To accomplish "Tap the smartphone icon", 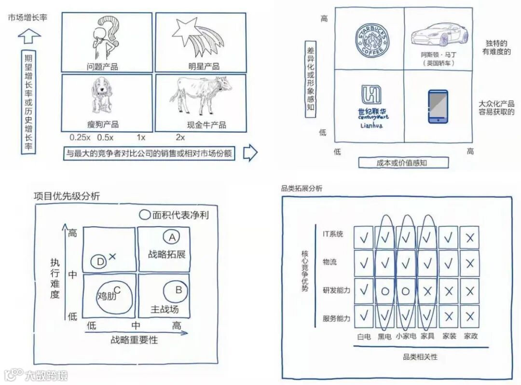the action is click(438, 106).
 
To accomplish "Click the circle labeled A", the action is click(171, 237).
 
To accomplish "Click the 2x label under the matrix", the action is click(180, 137).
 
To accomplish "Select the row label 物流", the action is click(330, 262).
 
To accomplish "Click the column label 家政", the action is click(470, 336).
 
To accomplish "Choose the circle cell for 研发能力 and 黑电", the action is click(385, 291).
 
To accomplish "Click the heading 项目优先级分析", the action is click(67, 196).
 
